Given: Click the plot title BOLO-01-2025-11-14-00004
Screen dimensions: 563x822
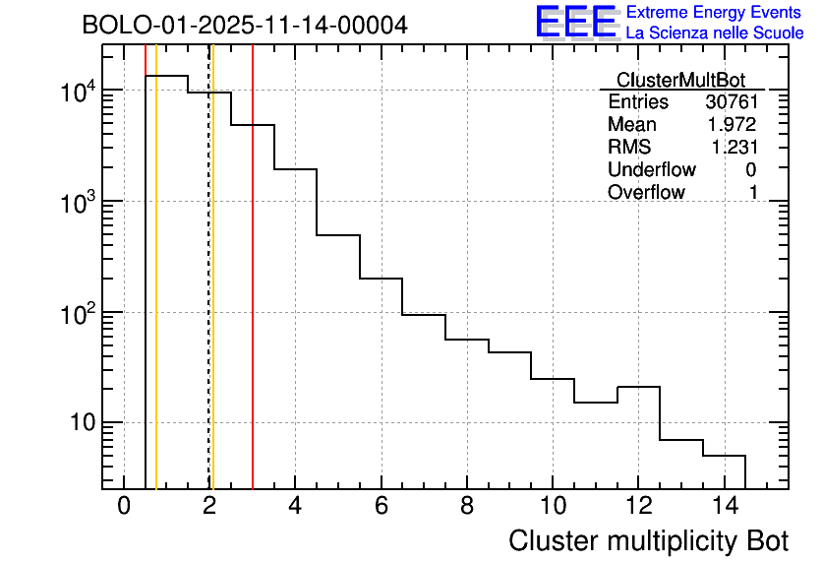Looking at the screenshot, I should pyautogui.click(x=244, y=25).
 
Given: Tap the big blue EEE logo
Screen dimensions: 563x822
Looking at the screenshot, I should pyautogui.click(x=575, y=22).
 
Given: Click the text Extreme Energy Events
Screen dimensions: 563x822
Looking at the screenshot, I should pyautogui.click(x=714, y=13).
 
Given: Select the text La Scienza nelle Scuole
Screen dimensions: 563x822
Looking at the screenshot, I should pyautogui.click(x=714, y=33).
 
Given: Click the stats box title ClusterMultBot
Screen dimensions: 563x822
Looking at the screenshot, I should pyautogui.click(x=680, y=80).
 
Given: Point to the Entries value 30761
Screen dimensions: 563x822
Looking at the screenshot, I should pyautogui.click(x=731, y=102).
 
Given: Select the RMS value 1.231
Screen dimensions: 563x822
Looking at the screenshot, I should pyautogui.click(x=734, y=148).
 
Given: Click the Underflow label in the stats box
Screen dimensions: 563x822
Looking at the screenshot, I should pyautogui.click(x=651, y=170).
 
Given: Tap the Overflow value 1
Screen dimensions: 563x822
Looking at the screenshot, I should pyautogui.click(x=753, y=193).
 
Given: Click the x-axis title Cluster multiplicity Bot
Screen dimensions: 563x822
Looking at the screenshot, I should pyautogui.click(x=648, y=540).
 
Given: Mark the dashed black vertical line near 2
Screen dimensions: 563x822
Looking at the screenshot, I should pyautogui.click(x=208, y=295).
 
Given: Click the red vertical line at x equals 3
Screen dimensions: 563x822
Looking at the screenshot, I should pyautogui.click(x=253, y=295).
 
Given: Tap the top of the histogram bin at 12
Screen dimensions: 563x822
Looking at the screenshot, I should pyautogui.click(x=638, y=387).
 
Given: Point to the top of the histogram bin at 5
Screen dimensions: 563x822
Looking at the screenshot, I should pyautogui.click(x=337, y=235).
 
